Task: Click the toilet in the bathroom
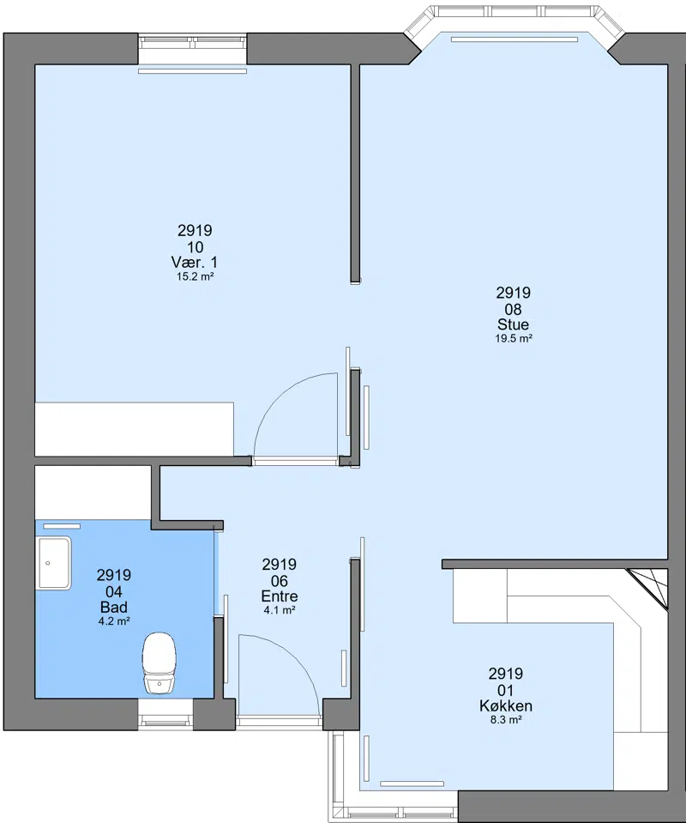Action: tap(159, 663)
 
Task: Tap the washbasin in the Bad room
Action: tap(53, 563)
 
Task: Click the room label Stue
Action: tap(513, 324)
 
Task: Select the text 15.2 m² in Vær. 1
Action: tap(196, 276)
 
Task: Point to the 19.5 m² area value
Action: tap(514, 338)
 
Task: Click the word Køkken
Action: tap(506, 705)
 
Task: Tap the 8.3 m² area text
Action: tap(506, 720)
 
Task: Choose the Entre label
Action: tap(280, 596)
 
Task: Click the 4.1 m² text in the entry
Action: tap(280, 610)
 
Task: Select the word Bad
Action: tap(114, 607)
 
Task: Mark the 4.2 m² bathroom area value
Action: tap(114, 621)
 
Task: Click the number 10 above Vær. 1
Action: tap(196, 246)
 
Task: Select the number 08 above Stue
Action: tap(513, 309)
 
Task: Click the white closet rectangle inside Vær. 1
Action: tap(135, 429)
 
